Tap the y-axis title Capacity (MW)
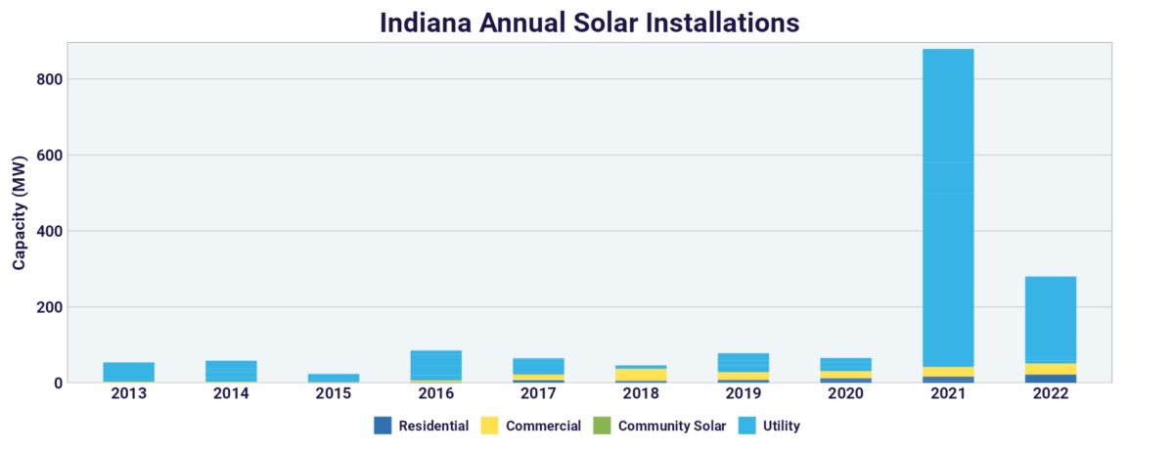pos(19,212)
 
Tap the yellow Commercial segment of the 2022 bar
pos(1050,369)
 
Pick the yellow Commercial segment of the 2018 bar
pos(641,375)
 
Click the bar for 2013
pos(128,372)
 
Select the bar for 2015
pos(334,378)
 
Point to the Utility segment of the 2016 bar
pos(435,363)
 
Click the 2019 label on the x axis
pos(743,394)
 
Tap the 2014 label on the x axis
pos(231,394)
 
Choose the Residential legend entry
pos(421,427)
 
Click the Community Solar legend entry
pos(660,427)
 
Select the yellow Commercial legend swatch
pos(491,427)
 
